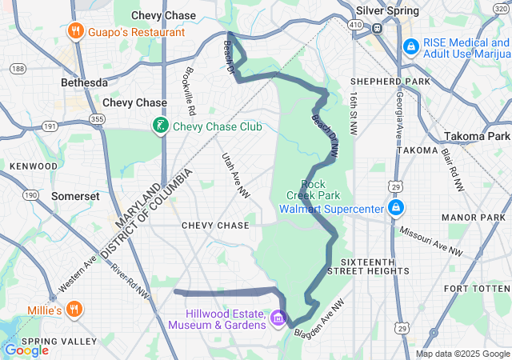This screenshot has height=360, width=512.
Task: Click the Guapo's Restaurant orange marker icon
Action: click(x=76, y=32)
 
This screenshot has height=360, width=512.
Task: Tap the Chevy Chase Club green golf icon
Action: click(x=160, y=126)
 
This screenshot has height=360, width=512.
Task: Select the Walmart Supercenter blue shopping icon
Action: click(x=395, y=209)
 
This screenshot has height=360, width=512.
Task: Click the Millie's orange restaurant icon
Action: click(x=74, y=309)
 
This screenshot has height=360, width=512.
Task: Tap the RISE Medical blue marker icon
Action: click(x=410, y=48)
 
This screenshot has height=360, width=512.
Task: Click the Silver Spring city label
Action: click(x=388, y=11)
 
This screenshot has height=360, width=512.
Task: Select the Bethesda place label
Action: click(x=85, y=82)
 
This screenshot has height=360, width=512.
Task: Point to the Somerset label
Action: click(x=74, y=196)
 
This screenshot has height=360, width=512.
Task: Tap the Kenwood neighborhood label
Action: click(x=34, y=166)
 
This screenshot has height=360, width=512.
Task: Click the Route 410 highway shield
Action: click(x=354, y=26)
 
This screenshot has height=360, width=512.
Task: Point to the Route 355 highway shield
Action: click(x=98, y=119)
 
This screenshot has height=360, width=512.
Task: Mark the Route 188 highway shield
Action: click(x=17, y=69)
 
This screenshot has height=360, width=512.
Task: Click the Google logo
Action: click(x=26, y=350)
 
